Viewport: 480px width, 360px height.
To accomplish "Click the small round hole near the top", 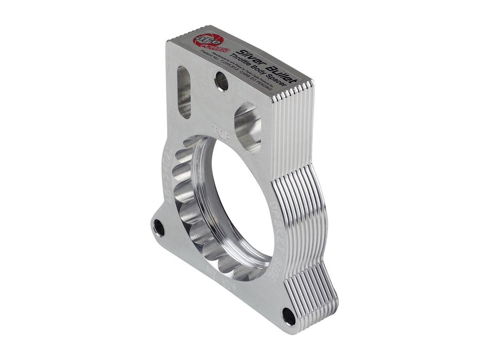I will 221,81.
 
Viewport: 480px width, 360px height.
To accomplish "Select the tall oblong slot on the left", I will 184,92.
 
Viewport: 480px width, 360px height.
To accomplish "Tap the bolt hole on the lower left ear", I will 159,228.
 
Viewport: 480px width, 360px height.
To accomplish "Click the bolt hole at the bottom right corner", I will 289,317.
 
